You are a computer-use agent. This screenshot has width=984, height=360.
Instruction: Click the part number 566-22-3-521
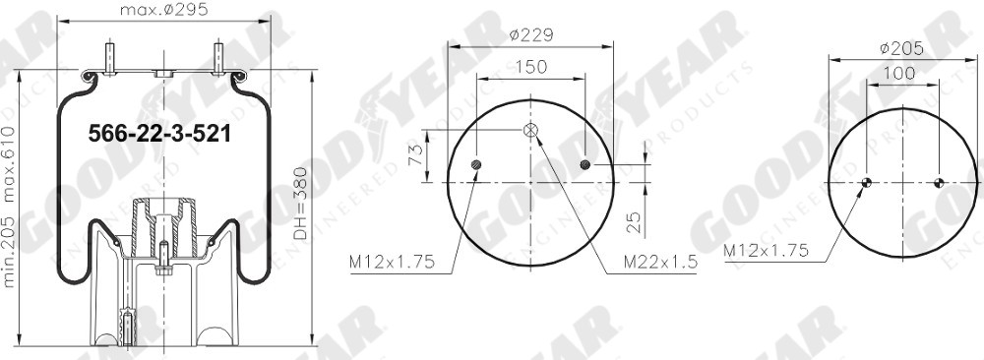click(159, 134)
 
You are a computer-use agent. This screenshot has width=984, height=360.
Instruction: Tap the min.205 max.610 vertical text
click(10, 207)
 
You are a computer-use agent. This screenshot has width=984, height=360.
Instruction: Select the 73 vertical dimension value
click(415, 156)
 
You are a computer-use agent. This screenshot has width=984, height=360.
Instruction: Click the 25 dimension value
click(635, 221)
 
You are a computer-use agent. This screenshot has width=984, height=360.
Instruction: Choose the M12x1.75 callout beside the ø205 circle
click(766, 251)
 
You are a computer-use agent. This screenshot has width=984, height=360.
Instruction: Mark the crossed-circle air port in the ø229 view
click(530, 130)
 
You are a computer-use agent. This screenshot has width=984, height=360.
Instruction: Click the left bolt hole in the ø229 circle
click(477, 164)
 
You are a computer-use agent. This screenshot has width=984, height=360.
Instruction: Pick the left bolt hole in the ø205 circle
click(867, 182)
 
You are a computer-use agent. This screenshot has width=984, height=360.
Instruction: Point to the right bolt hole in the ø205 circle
click(939, 182)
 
